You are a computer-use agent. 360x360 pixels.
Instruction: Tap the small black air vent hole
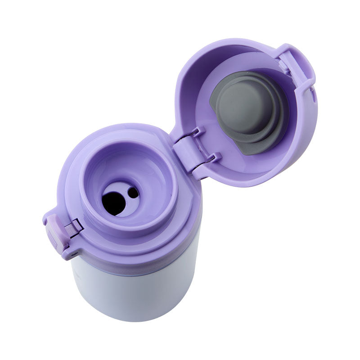tap(133, 193)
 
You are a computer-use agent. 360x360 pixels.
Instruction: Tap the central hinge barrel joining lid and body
tap(185, 150)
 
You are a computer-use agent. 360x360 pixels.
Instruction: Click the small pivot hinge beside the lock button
tap(72, 227)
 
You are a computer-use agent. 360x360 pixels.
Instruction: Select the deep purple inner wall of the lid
tap(198, 81)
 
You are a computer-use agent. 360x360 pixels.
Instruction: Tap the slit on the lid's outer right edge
tap(311, 94)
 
